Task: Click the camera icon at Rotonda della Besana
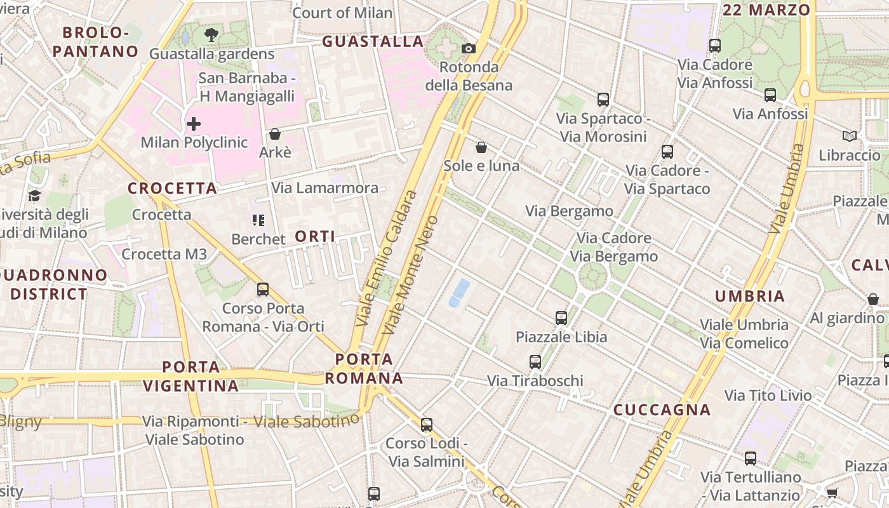click(x=469, y=48)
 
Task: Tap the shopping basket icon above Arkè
click(x=275, y=134)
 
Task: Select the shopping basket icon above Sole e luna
click(x=481, y=147)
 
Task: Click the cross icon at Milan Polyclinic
click(x=194, y=123)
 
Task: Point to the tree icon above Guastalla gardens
click(x=211, y=35)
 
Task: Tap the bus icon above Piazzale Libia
click(x=561, y=318)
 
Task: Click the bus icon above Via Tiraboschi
click(x=535, y=362)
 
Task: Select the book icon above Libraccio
click(x=849, y=136)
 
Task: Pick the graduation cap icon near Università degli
click(x=34, y=196)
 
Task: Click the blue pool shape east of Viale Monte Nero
click(x=459, y=292)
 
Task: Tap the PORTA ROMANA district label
click(x=364, y=369)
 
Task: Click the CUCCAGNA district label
click(x=662, y=410)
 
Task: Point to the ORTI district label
click(x=315, y=237)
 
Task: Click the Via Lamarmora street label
click(x=325, y=188)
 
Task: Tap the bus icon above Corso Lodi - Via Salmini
click(x=427, y=424)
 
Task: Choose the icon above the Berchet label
click(x=258, y=220)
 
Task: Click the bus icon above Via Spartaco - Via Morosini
click(x=603, y=100)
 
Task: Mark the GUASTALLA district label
click(x=373, y=42)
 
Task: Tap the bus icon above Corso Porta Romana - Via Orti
click(x=263, y=290)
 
